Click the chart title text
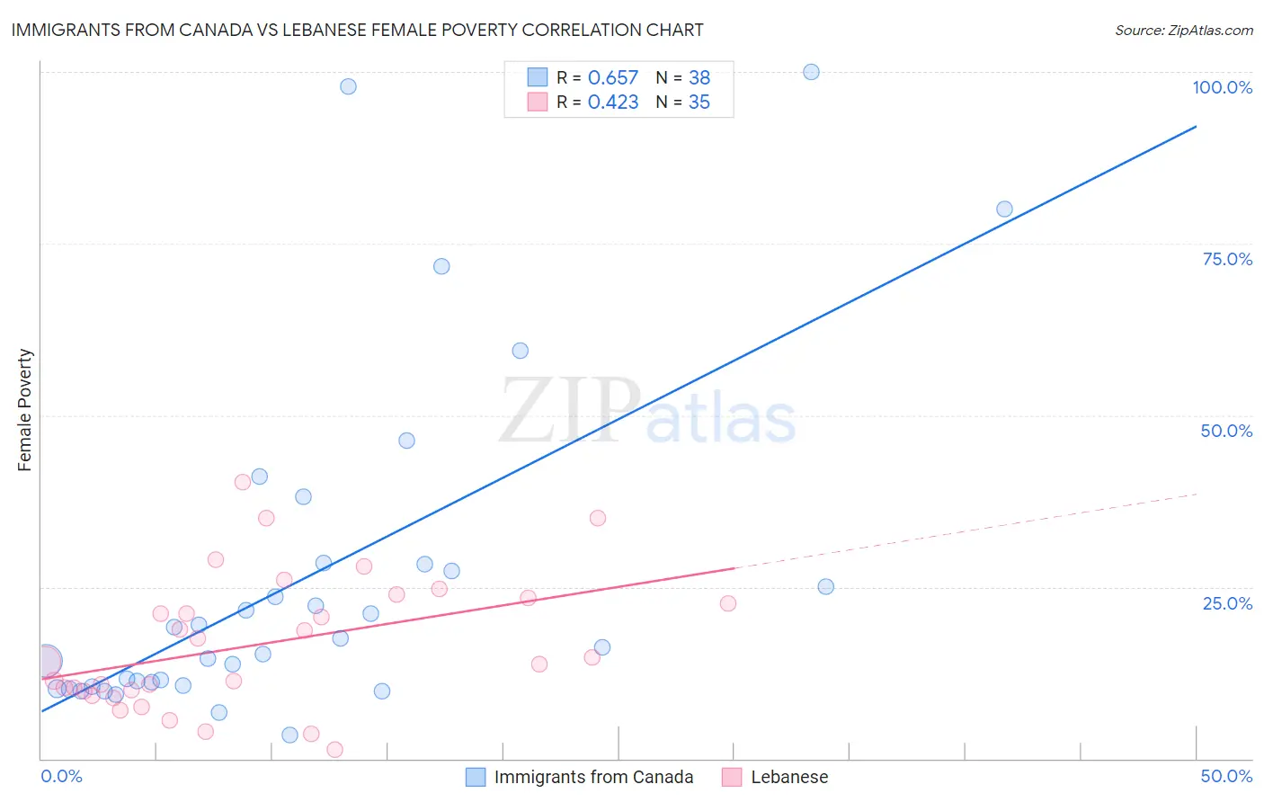click(x=357, y=30)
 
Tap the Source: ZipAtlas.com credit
click(x=1183, y=30)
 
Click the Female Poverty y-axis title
click(x=25, y=410)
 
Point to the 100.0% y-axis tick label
click(x=1222, y=87)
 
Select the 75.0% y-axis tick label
click(x=1227, y=259)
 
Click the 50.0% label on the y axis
click(x=1226, y=431)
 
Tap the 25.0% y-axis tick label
click(x=1227, y=603)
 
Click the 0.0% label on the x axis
click(x=61, y=776)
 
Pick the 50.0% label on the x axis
click(x=1226, y=776)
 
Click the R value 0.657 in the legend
click(x=612, y=78)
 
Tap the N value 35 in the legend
click(x=699, y=102)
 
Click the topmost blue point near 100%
click(x=811, y=72)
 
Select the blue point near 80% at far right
click(x=1004, y=209)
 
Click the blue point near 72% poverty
click(x=441, y=266)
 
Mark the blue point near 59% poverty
click(x=520, y=351)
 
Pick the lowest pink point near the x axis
click(x=334, y=750)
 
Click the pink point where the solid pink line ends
click(x=728, y=603)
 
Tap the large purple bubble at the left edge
click(x=46, y=662)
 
